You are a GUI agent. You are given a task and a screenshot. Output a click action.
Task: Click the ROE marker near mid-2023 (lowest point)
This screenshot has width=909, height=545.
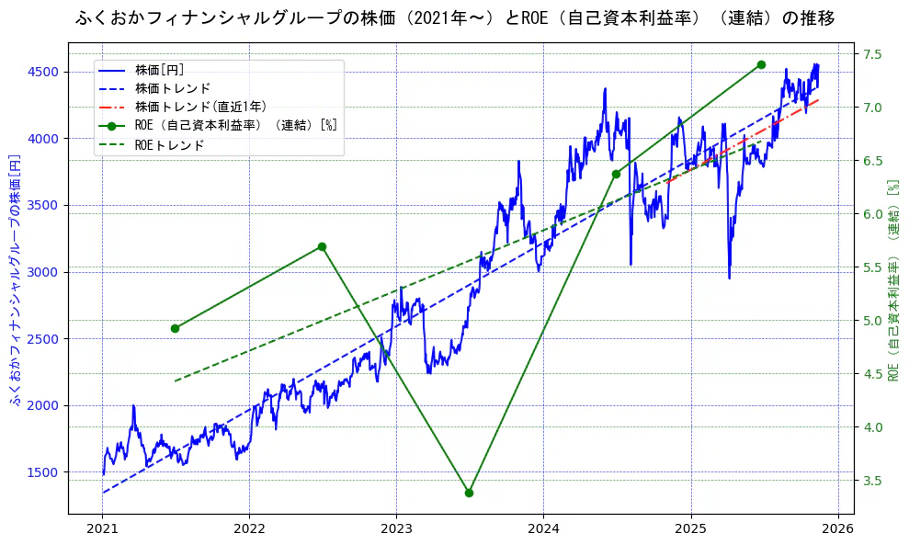(x=469, y=493)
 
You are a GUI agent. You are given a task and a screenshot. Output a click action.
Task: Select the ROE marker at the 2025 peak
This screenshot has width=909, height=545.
(x=761, y=64)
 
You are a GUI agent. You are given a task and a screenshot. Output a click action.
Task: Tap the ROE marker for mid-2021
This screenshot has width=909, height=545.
(x=175, y=328)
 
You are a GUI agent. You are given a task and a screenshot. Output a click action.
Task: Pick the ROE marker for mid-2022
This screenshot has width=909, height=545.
(x=322, y=246)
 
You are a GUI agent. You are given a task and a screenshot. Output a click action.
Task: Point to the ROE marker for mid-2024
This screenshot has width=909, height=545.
(x=616, y=174)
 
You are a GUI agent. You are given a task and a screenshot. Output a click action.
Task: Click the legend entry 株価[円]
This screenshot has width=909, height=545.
(x=160, y=69)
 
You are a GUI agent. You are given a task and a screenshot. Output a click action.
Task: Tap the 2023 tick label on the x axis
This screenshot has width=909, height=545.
(x=396, y=529)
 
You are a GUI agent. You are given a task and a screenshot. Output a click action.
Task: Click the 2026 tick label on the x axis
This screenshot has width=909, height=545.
(x=837, y=529)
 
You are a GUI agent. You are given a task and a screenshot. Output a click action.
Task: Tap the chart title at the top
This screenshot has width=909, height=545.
(x=454, y=17)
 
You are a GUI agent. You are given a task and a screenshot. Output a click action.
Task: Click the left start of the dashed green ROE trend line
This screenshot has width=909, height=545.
(x=175, y=380)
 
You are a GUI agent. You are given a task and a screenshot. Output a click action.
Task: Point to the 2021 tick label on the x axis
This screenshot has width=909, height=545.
(x=102, y=529)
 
